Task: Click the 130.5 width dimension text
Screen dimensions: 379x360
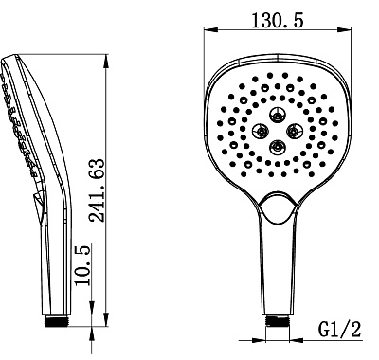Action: pos(277,21)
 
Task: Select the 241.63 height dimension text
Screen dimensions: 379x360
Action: pos(97,190)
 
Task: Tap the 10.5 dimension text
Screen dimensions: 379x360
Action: pos(82,265)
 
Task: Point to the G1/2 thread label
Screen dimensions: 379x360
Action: pos(339,330)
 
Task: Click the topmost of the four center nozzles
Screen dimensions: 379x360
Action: pos(278,116)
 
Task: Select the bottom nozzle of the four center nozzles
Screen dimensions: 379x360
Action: pos(277,147)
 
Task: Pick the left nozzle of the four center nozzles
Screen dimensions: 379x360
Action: pos(262,131)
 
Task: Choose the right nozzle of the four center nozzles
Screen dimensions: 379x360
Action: pos(295,130)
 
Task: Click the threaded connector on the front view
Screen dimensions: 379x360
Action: pos(277,320)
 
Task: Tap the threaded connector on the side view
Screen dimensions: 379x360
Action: pos(57,320)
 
